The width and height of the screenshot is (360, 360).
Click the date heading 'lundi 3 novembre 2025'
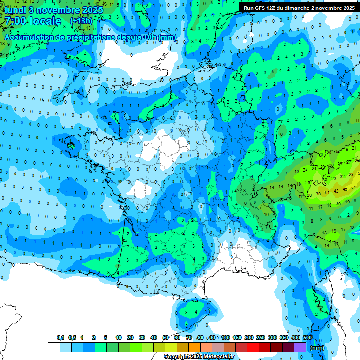(52, 9)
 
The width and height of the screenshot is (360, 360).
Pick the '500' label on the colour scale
(307, 337)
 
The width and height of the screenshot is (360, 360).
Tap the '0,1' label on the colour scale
(60, 337)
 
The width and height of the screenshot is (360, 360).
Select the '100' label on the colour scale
(225, 337)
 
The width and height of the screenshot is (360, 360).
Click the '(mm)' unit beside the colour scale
(317, 348)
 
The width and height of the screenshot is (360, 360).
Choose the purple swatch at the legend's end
(300, 347)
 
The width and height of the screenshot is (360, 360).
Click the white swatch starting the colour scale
(53, 347)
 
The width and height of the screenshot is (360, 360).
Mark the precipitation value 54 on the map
(353, 187)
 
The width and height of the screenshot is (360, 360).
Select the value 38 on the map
(318, 194)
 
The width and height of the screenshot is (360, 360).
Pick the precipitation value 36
(338, 204)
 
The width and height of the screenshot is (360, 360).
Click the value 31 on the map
(316, 181)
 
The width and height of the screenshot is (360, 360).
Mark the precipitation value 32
(343, 176)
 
